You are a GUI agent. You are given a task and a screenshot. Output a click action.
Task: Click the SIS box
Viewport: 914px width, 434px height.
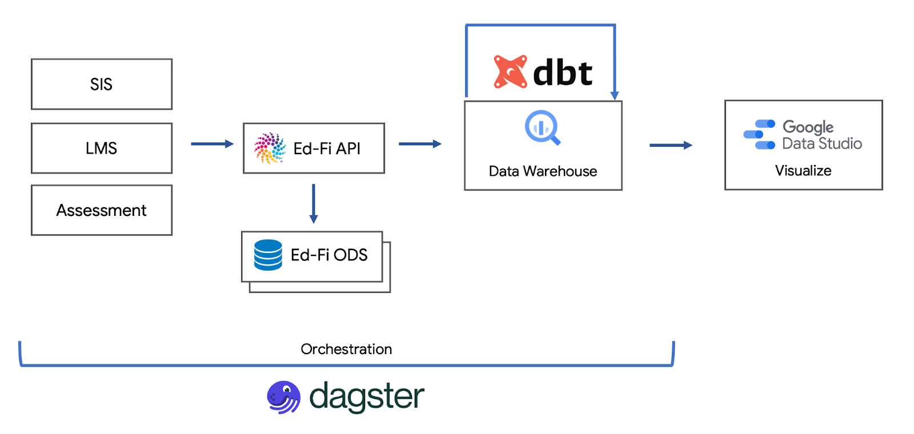click(x=102, y=84)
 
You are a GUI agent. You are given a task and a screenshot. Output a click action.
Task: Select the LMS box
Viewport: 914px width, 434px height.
click(x=102, y=148)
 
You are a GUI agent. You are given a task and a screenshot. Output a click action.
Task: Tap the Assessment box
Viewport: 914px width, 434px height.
click(x=102, y=210)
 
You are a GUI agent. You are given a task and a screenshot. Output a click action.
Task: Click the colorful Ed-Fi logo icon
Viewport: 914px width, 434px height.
click(x=270, y=148)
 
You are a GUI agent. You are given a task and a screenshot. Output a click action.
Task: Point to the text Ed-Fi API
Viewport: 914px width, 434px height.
click(x=327, y=148)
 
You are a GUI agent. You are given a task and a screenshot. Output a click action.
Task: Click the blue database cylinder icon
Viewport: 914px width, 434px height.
click(x=268, y=255)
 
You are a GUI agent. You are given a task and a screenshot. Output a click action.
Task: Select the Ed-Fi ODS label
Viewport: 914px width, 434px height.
click(x=329, y=255)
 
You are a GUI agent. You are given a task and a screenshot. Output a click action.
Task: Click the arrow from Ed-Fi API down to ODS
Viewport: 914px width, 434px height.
click(x=314, y=203)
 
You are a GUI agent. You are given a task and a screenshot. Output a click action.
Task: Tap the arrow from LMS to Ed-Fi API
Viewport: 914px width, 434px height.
click(x=212, y=144)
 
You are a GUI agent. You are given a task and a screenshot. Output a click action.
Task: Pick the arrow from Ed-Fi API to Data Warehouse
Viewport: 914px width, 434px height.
click(x=420, y=144)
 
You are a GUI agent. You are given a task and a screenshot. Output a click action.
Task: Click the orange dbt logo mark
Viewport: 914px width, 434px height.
click(x=510, y=72)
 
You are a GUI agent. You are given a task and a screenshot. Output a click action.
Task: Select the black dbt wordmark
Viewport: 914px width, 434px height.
click(x=563, y=73)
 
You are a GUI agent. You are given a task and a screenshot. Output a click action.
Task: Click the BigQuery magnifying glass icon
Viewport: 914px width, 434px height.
click(x=542, y=127)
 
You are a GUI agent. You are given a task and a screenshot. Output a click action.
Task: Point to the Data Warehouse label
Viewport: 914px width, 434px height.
click(x=543, y=171)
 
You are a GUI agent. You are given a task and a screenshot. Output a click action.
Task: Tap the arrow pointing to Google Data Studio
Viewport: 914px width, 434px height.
click(x=671, y=145)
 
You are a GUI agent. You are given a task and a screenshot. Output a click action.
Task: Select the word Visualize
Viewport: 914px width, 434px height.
click(x=803, y=171)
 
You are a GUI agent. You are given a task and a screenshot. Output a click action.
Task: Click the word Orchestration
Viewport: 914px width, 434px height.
click(x=346, y=349)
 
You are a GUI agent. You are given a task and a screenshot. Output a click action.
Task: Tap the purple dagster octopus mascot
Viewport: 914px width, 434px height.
click(x=283, y=397)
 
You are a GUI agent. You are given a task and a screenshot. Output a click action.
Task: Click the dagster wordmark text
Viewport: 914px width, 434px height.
click(x=367, y=396)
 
